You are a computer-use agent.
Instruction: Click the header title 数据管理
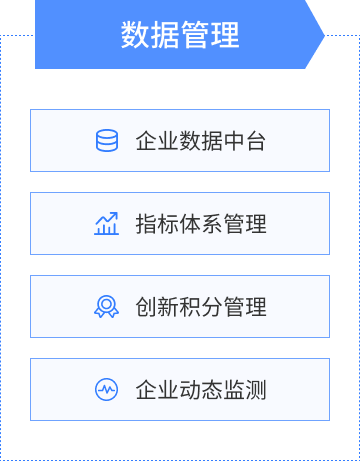click(180, 35)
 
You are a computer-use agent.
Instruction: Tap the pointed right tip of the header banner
click(321, 35)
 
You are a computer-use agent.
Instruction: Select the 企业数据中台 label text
click(201, 141)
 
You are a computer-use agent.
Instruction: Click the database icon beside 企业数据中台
click(107, 141)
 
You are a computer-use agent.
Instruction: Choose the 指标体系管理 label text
click(201, 224)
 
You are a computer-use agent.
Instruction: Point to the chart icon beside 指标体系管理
click(107, 224)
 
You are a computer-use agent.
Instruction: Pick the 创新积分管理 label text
click(201, 307)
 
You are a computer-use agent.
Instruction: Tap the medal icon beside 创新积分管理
click(107, 307)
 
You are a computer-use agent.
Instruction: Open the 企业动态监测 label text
click(201, 390)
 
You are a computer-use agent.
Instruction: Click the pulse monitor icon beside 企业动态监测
click(107, 390)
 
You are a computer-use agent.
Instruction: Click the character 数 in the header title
click(135, 35)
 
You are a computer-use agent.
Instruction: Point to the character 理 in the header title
click(225, 35)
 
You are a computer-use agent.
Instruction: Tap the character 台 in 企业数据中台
click(256, 141)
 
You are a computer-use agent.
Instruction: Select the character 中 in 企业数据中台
click(234, 141)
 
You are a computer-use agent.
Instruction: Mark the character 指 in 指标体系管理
click(146, 224)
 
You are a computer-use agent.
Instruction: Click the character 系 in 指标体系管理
click(212, 224)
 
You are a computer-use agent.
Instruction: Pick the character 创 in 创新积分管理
click(146, 307)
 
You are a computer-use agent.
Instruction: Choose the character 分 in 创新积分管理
click(212, 307)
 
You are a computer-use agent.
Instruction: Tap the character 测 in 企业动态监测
click(256, 390)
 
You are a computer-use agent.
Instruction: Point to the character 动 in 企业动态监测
click(190, 390)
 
